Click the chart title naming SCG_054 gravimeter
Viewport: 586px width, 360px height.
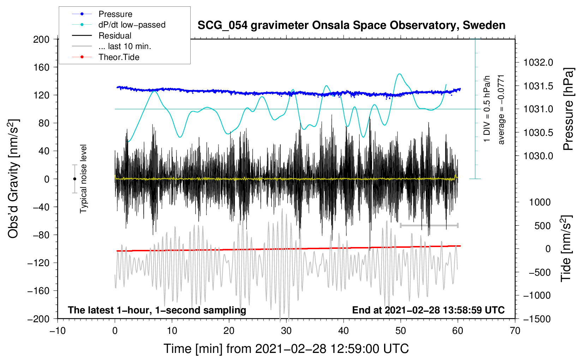coord(351,25)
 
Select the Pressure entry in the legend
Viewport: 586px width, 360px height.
coord(115,14)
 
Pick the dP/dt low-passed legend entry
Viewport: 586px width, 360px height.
coord(132,25)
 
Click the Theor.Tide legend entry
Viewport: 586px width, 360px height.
coord(119,57)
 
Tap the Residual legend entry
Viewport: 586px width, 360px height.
coord(115,36)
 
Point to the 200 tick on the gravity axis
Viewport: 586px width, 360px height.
coord(41,39)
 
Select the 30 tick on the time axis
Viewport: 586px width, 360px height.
coord(286,331)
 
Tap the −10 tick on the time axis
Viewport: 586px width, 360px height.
coord(58,331)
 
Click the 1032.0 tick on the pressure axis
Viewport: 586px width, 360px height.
coord(538,62)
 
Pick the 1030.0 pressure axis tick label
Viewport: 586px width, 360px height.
coord(538,156)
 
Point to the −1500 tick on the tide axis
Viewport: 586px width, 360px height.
coord(537,319)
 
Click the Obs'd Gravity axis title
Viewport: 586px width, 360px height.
coord(13,179)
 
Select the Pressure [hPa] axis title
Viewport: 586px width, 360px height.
coord(568,109)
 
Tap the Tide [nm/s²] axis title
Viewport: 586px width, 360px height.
coord(566,249)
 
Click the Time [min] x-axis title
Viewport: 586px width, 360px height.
coord(286,349)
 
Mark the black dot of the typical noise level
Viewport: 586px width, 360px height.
coord(74,179)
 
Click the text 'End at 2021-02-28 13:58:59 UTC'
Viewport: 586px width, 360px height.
coord(428,310)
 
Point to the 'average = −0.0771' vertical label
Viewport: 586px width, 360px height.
coord(501,109)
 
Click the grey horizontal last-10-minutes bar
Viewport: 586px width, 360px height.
coord(429,225)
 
